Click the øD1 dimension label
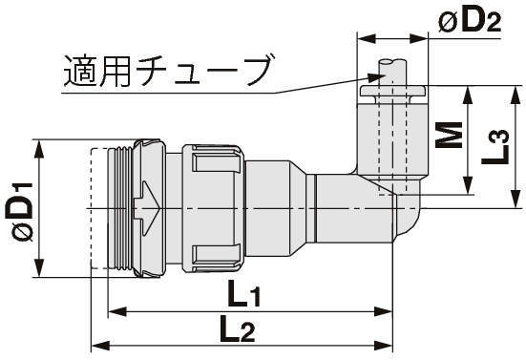click(x=19, y=212)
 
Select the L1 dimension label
click(x=243, y=294)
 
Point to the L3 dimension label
click(x=495, y=147)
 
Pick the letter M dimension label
click(x=449, y=135)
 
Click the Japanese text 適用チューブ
click(x=167, y=71)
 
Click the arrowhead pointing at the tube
click(x=376, y=77)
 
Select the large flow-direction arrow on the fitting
click(x=147, y=208)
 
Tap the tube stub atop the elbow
click(x=392, y=73)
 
